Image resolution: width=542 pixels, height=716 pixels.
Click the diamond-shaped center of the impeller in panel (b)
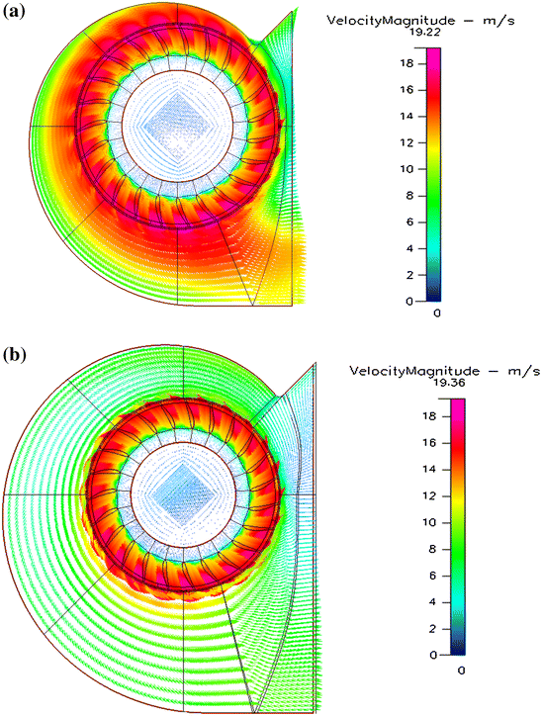pos(179,489)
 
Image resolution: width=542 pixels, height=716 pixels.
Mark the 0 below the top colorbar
pos(436,313)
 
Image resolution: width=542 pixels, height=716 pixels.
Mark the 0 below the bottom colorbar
pos(461,670)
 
